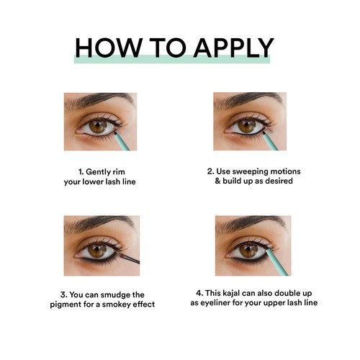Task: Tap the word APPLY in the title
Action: tap(233, 48)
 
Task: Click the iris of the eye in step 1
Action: tap(98, 126)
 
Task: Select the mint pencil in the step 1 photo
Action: tap(122, 141)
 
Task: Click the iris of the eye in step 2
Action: tap(247, 126)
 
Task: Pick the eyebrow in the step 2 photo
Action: tap(249, 100)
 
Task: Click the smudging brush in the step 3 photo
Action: tap(129, 258)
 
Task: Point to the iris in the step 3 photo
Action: tap(97, 251)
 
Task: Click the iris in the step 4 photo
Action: tap(249, 251)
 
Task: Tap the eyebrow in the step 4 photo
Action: tap(251, 224)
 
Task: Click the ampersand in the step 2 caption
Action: tap(217, 181)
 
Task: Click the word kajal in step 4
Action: tap(231, 293)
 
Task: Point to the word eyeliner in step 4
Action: tap(215, 303)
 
